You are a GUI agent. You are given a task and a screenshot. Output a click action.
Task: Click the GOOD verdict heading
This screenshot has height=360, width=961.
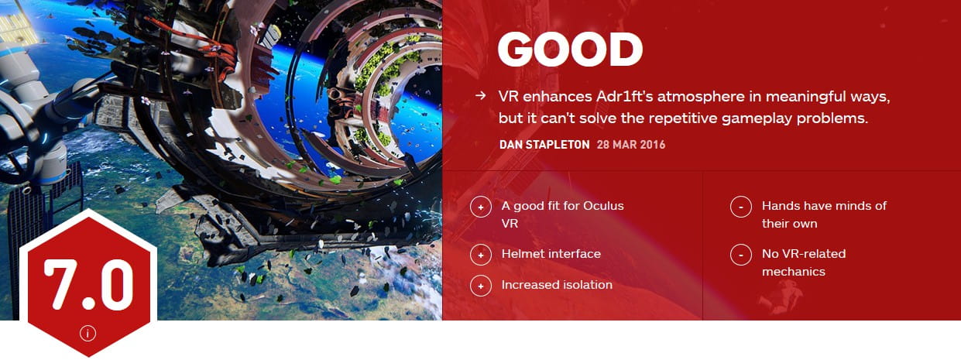point(570,50)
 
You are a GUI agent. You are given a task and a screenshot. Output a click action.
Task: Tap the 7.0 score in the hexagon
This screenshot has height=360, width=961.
point(89,284)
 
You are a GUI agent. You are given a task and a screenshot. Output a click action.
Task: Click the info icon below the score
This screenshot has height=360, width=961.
point(88,333)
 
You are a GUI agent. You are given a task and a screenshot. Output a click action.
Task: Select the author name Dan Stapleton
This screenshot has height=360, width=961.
point(544,145)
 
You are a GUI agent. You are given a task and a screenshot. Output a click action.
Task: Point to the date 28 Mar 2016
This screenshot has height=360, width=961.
point(631,145)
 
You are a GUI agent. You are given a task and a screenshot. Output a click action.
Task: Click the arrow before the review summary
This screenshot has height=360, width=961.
point(481,96)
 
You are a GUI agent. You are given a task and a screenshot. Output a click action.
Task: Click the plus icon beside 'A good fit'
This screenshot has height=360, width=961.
point(481,207)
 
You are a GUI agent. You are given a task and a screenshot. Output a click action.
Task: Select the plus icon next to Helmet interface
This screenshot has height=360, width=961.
point(481,255)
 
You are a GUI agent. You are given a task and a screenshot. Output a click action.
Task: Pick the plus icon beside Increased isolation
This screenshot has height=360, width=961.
point(481,286)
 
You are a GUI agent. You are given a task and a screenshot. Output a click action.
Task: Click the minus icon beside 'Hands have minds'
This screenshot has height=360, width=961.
point(741,207)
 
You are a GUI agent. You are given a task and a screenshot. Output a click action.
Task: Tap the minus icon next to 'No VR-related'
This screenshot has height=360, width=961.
point(741,255)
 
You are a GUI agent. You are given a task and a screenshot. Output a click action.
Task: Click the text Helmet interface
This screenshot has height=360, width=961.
point(551,254)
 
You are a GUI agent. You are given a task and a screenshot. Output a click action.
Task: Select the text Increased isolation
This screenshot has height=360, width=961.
point(557,284)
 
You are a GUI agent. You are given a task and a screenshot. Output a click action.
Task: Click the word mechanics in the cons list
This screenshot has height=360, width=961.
point(794,272)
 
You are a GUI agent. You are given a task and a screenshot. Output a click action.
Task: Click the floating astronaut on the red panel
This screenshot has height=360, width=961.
point(779,297)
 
